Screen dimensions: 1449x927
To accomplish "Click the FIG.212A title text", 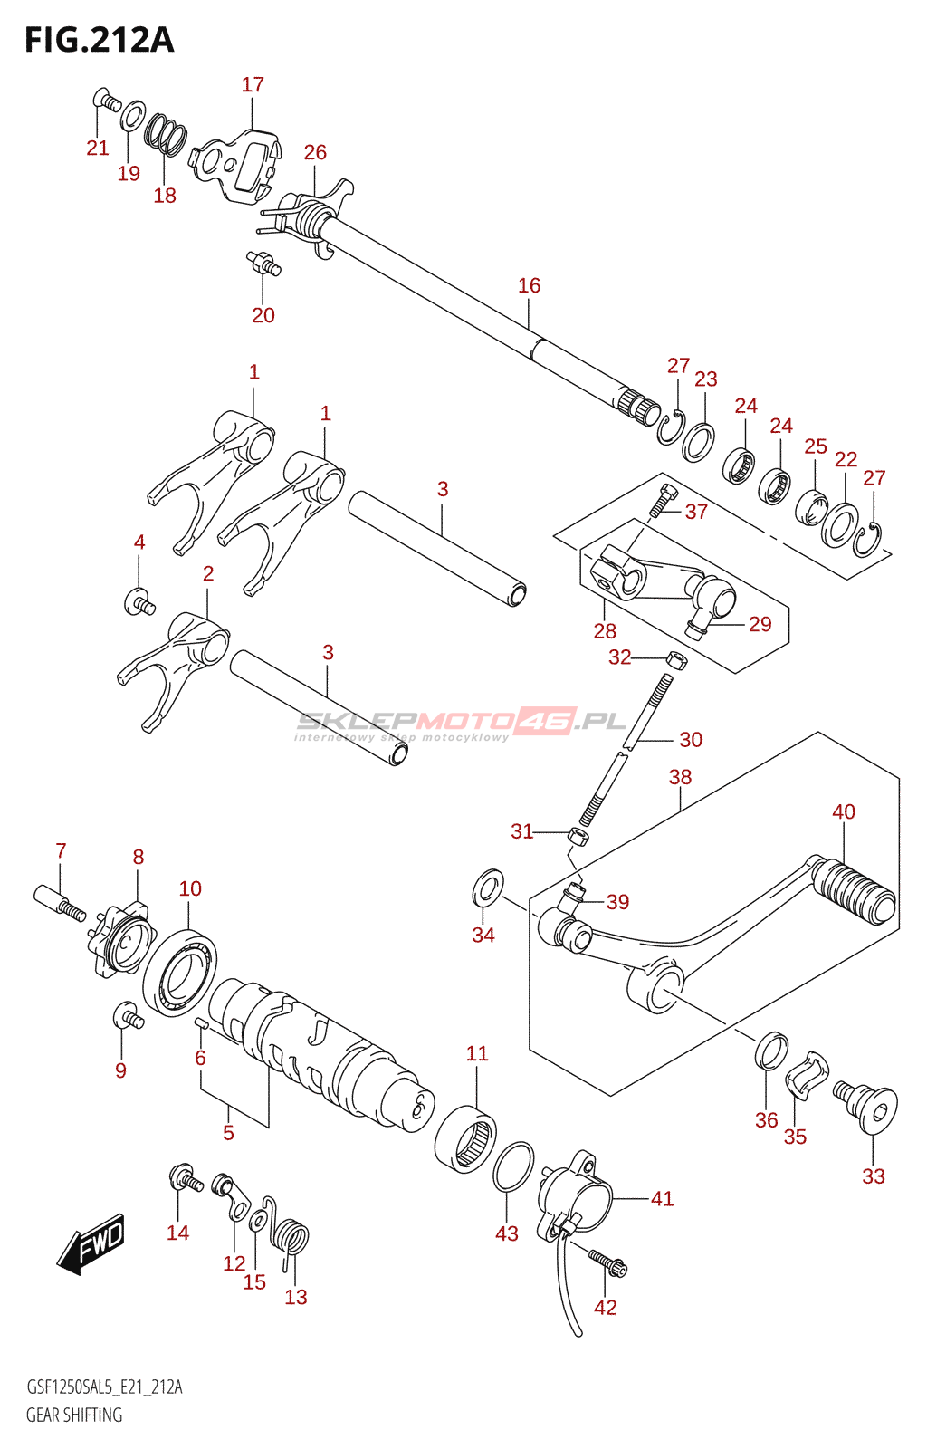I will (x=99, y=40).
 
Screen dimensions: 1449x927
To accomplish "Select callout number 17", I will (x=253, y=84).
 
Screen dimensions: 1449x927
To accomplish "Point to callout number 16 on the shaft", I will (x=529, y=285).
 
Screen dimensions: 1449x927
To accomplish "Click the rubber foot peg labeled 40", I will (x=852, y=891).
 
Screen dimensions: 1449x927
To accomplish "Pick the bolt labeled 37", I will (x=664, y=499).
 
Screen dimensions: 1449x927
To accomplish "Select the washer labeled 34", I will (x=489, y=888).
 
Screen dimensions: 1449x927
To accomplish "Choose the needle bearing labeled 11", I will (x=465, y=1138).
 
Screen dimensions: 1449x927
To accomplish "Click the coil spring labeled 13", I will (x=292, y=1240).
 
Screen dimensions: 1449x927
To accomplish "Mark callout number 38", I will (x=680, y=776).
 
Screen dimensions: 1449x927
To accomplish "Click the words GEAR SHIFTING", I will (x=74, y=1415).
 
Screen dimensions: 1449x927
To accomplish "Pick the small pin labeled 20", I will (x=264, y=263).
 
